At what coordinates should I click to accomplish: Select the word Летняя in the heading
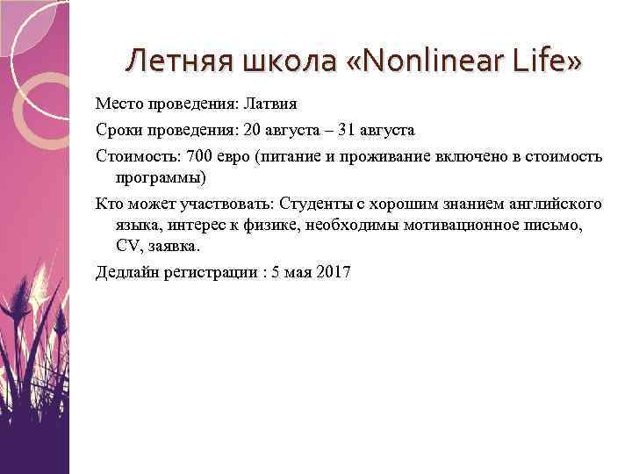click(x=178, y=62)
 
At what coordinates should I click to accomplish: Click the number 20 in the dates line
click(x=252, y=131)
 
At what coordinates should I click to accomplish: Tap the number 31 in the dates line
click(x=337, y=131)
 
